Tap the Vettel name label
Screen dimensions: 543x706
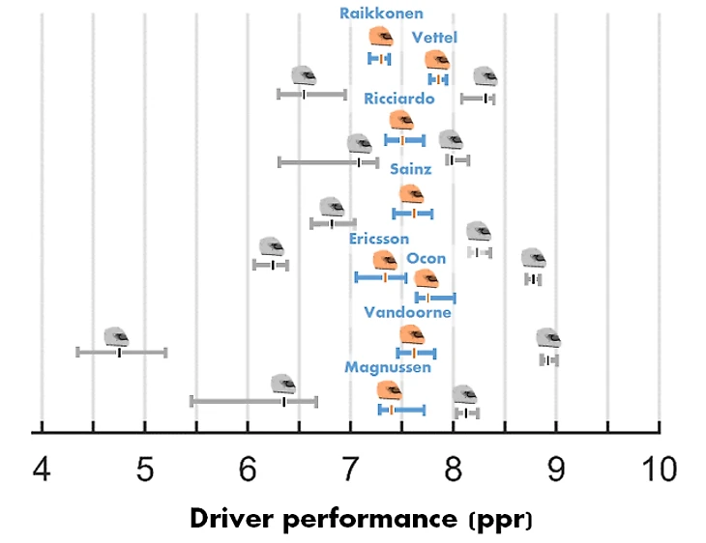click(x=434, y=38)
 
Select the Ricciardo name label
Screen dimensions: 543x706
click(x=398, y=99)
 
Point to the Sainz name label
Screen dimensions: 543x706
click(x=411, y=169)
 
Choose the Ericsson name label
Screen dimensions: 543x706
click(x=379, y=239)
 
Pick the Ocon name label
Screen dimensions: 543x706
click(x=427, y=258)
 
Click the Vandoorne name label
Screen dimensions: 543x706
click(x=407, y=313)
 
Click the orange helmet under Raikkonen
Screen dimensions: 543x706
click(x=381, y=37)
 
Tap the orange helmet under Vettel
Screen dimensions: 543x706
click(x=437, y=60)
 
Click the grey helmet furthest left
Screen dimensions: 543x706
click(x=116, y=337)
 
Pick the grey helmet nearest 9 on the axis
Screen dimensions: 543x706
click(x=548, y=338)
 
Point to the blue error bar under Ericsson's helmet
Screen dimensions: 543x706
click(x=381, y=277)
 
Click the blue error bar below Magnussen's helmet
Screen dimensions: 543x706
click(x=401, y=411)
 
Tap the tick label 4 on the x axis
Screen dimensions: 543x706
click(x=42, y=471)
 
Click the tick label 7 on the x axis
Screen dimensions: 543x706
click(x=350, y=471)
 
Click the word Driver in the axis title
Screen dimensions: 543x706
click(x=232, y=519)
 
